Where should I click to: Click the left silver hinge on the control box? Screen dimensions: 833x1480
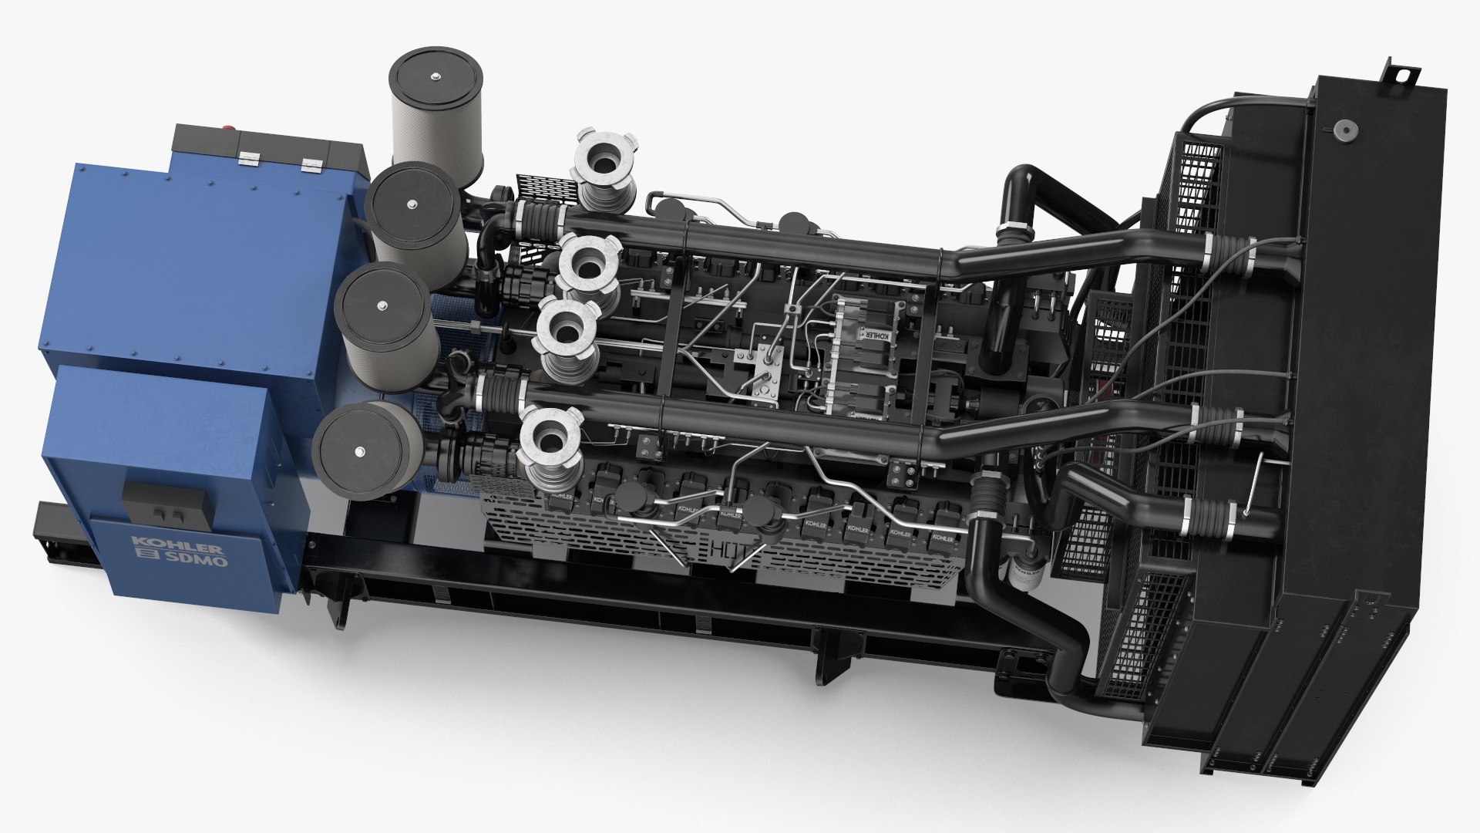[x=251, y=160]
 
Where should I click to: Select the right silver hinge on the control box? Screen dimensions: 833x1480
[x=311, y=165]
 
